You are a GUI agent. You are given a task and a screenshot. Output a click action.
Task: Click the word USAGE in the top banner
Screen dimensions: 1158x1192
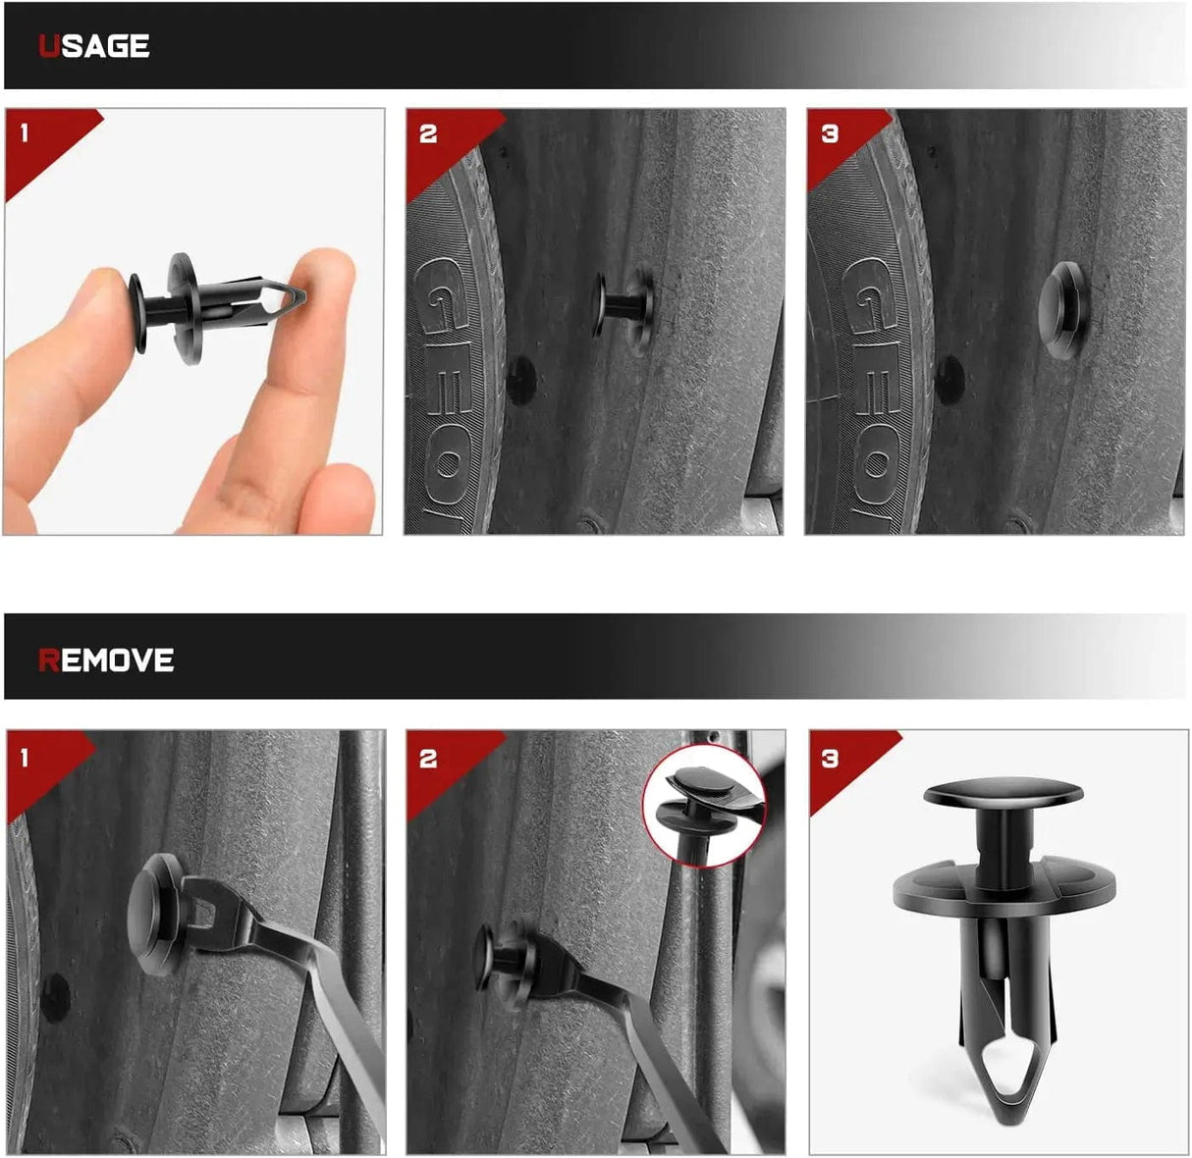point(93,46)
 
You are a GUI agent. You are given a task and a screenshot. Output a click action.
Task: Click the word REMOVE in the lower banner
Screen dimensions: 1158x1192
point(106,660)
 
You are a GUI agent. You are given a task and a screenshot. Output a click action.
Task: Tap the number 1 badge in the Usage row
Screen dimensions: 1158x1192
point(25,132)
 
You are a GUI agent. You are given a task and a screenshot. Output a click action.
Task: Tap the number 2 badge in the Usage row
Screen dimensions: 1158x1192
point(428,133)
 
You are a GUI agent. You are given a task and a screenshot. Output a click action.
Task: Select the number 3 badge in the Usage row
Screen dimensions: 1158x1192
point(830,133)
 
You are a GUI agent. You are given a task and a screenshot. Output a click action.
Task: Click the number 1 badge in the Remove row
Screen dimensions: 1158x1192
point(25,757)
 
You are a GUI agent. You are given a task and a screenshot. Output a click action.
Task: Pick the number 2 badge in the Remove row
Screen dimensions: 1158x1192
point(428,759)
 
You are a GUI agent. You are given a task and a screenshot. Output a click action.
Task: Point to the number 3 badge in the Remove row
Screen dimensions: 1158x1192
point(830,759)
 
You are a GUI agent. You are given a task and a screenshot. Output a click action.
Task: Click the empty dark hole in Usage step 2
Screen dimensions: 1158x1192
point(520,378)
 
